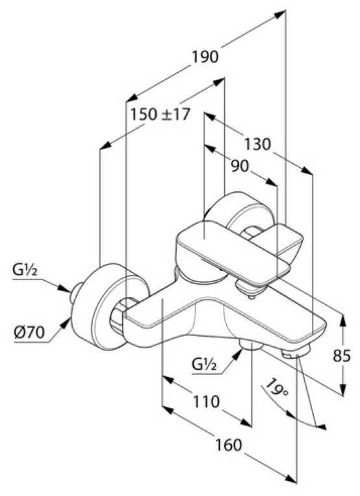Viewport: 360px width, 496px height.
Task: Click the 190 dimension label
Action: [x=205, y=57]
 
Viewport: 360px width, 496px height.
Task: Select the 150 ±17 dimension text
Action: [x=161, y=114]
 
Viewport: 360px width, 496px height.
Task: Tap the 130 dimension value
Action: [x=258, y=144]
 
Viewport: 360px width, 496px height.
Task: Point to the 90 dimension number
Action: [x=240, y=166]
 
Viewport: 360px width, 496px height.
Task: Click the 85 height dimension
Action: [x=342, y=356]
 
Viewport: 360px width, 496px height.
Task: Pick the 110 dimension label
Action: [x=206, y=402]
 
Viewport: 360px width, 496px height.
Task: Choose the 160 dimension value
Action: [x=228, y=445]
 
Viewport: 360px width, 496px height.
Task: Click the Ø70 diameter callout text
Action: [x=29, y=332]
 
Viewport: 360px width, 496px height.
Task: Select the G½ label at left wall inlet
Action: [x=25, y=270]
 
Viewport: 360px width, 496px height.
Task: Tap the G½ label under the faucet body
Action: [x=204, y=365]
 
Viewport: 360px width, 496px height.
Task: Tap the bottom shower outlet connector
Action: [x=251, y=345]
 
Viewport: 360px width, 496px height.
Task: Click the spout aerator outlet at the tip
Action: [x=296, y=352]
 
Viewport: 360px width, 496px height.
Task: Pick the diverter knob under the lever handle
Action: [x=250, y=289]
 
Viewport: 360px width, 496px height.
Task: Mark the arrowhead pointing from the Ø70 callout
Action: [x=65, y=324]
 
